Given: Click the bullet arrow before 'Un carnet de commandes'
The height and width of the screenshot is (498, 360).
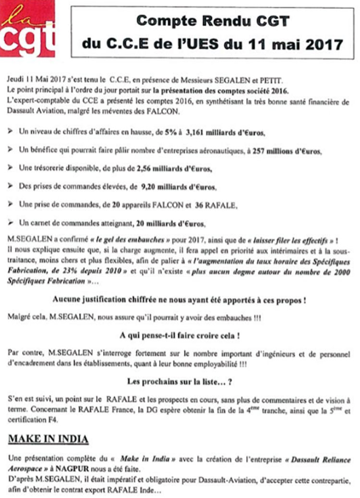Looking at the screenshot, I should pyautogui.click(x=12, y=223).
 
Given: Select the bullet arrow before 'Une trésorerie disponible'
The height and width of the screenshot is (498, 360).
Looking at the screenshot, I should pyautogui.click(x=12, y=168).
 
